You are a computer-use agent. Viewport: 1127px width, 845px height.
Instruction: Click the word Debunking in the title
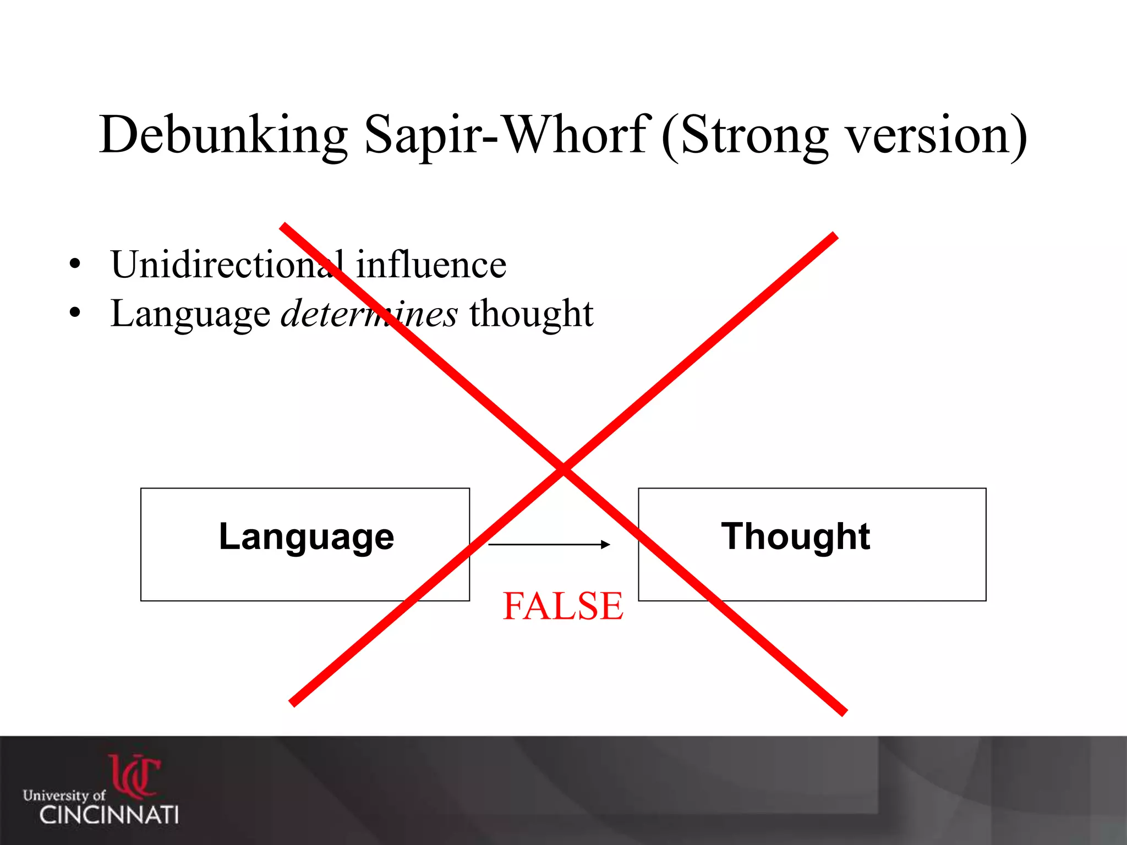pos(223,135)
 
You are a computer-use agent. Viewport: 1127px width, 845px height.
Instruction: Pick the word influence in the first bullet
pos(431,265)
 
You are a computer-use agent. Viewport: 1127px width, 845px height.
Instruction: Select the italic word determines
pos(369,314)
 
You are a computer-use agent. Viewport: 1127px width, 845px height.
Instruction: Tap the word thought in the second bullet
pos(531,314)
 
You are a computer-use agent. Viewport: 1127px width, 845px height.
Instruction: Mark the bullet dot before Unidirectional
pos(75,264)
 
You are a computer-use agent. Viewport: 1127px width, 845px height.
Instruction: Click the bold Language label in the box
pos(307,536)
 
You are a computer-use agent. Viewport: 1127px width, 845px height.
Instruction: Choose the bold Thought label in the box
pos(796,536)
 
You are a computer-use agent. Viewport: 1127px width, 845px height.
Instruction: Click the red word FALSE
pos(563,606)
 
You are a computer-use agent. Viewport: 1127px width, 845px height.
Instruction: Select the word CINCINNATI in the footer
pos(109,815)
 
